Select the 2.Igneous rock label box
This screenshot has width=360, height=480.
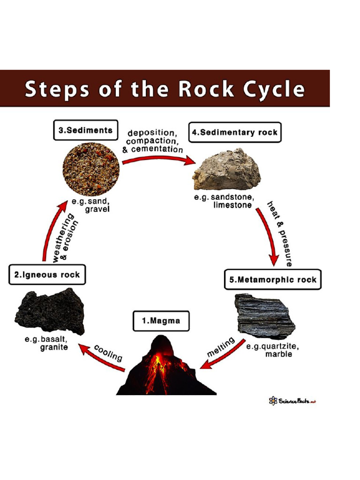coord(47,275)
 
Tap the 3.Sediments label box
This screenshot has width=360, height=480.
coord(85,131)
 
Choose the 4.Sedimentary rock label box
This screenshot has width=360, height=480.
coord(234,133)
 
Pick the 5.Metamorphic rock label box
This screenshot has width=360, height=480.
coord(273,280)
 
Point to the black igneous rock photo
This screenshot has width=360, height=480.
coord(50,311)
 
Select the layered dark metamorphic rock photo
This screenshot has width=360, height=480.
coord(264,317)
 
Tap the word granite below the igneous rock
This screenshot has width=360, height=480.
coord(54,347)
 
